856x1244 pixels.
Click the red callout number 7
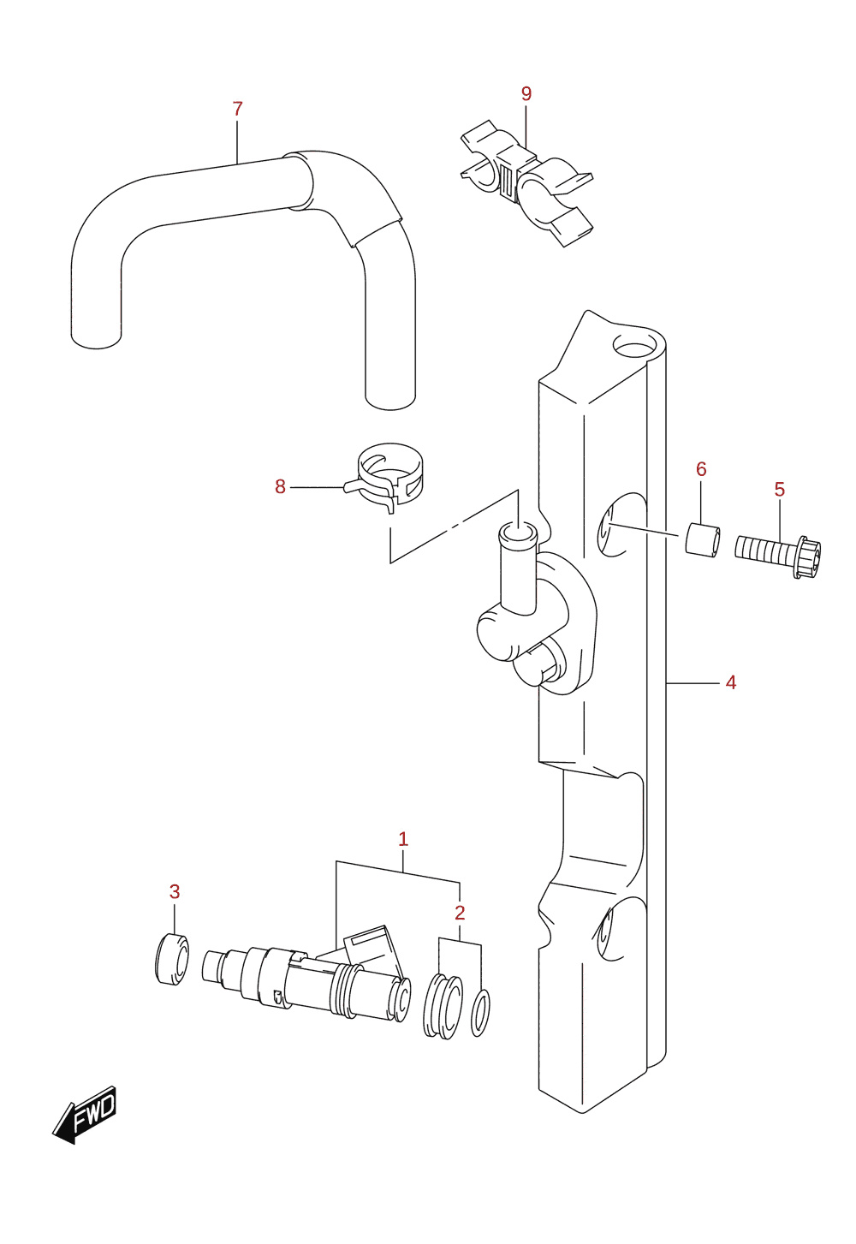[237, 109]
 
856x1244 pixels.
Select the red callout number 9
[526, 94]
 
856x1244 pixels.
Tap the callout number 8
[280, 486]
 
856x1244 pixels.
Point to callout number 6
[701, 469]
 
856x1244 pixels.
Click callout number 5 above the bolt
[780, 489]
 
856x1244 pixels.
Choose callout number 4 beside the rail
[730, 682]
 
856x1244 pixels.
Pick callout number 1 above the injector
[403, 839]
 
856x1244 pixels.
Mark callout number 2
[460, 913]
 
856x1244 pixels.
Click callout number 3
[175, 892]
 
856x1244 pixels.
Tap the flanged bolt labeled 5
[777, 556]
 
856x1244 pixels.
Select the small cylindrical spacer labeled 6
[703, 539]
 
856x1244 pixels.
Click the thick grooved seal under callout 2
[442, 1006]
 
